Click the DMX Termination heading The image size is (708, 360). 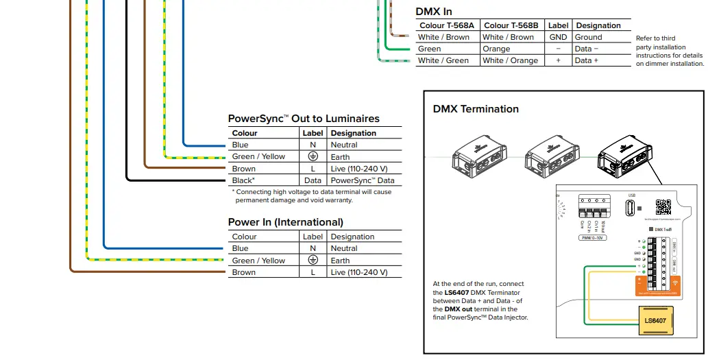tap(476, 109)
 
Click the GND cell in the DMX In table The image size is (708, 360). tap(558, 37)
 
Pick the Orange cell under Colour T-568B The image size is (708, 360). tap(496, 49)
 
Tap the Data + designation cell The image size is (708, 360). tap(586, 60)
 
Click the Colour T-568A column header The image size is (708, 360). tap(447, 25)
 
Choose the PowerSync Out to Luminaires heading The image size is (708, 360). tap(304, 119)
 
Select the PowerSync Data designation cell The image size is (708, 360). tap(363, 180)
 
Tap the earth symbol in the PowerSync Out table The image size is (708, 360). tap(313, 156)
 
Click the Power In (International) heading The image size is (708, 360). tap(286, 222)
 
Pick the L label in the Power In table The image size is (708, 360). tap(313, 272)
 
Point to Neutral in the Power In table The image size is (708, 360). tap(344, 248)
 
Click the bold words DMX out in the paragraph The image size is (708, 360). tap(459, 309)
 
